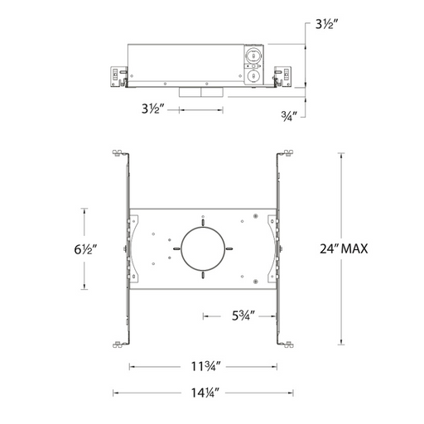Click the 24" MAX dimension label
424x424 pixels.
[x=344, y=248]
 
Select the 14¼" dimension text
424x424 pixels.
[x=205, y=393]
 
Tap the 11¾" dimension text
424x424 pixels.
[x=206, y=367]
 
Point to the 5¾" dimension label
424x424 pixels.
[x=243, y=316]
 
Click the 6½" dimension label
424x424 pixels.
[x=85, y=249]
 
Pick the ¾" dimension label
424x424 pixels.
[x=289, y=116]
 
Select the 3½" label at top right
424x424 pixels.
[x=327, y=25]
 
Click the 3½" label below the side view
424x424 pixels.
[x=153, y=108]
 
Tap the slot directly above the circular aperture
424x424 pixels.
[x=203, y=222]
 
